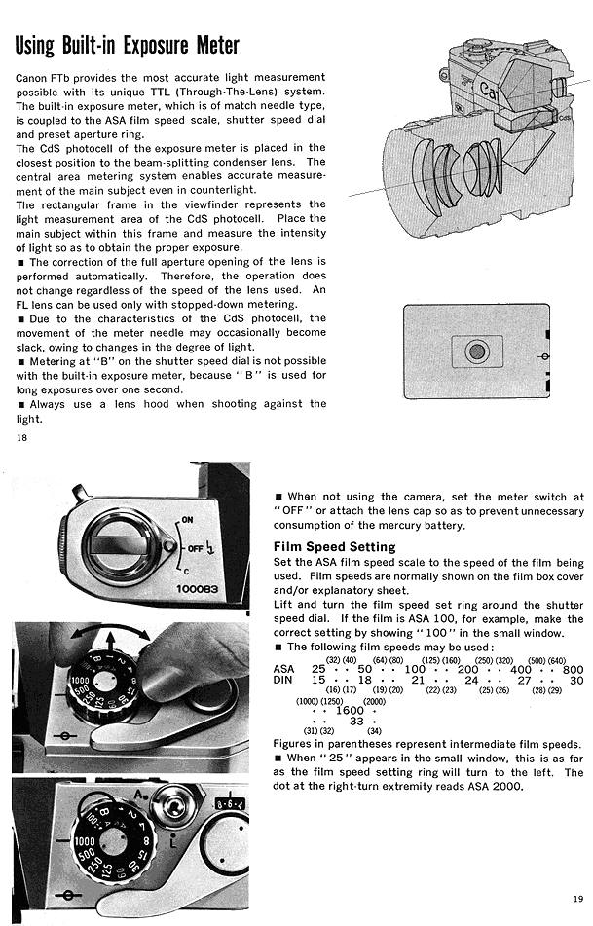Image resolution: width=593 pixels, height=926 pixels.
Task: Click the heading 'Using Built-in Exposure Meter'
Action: coord(128,46)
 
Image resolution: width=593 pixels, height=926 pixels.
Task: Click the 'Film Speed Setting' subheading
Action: coord(334,547)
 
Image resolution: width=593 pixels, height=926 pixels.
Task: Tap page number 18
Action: coord(22,437)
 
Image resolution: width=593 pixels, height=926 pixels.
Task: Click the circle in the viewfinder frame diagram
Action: coord(476,350)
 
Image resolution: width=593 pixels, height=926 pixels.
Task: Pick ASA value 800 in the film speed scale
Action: coord(573,669)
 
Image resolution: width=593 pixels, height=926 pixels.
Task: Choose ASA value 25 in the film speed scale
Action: coord(318,669)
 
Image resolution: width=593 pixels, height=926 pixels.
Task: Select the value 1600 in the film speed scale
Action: coord(350,711)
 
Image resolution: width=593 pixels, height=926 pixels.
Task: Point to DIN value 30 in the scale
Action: coord(576,681)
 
